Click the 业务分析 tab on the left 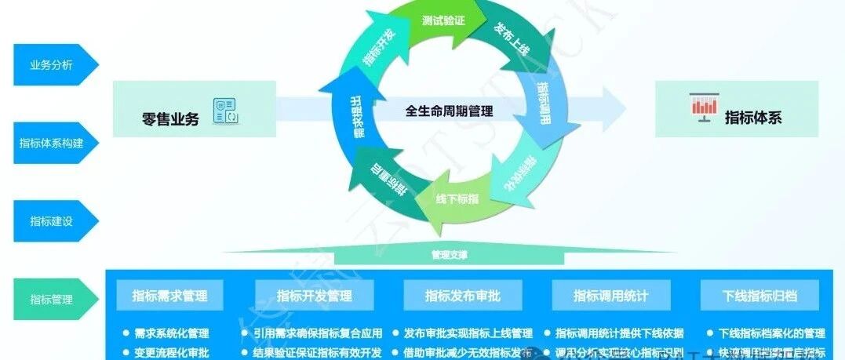(52, 65)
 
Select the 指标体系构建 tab (52, 143)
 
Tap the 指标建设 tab (52, 221)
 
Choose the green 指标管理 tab (52, 299)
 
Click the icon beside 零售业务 (226, 111)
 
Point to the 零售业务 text (170, 119)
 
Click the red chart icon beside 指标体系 (703, 107)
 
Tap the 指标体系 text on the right (752, 118)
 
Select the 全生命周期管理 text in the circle (449, 111)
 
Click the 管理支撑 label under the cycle (449, 255)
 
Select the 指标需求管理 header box (169, 296)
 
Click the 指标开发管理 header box (314, 296)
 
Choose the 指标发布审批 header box (462, 296)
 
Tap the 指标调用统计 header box (610, 296)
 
